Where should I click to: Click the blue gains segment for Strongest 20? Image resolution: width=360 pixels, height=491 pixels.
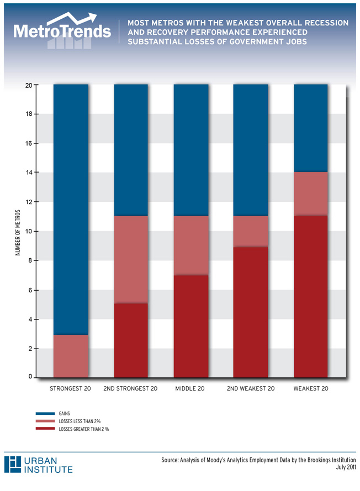click(71, 210)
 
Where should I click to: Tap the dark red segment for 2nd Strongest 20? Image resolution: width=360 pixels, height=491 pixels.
click(131, 340)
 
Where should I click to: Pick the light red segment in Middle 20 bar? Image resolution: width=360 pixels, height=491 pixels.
click(191, 245)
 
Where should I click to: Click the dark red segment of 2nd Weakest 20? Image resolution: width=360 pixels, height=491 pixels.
click(251, 312)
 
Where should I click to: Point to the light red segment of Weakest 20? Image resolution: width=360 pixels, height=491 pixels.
click(310, 194)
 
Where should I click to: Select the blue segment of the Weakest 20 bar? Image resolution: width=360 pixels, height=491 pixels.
click(310, 128)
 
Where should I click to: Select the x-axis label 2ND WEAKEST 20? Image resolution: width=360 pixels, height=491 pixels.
click(251, 389)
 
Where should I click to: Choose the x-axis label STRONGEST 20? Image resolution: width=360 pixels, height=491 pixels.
click(70, 389)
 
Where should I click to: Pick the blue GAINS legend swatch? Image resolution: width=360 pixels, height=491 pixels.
click(45, 413)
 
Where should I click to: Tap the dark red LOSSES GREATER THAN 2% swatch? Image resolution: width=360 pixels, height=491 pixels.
click(45, 429)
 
